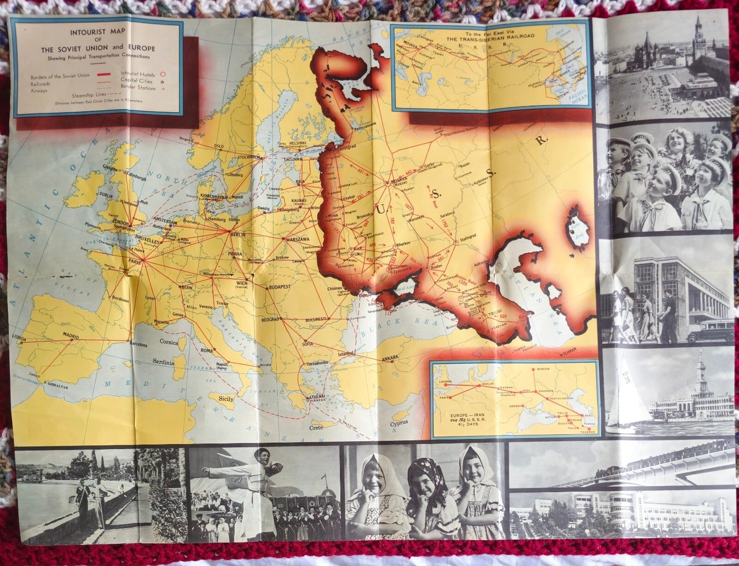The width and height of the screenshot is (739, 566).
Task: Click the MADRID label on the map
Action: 70,336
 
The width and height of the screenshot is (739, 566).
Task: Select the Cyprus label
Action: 398,423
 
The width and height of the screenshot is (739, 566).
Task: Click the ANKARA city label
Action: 390,358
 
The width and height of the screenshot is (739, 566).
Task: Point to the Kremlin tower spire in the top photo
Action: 698,28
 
